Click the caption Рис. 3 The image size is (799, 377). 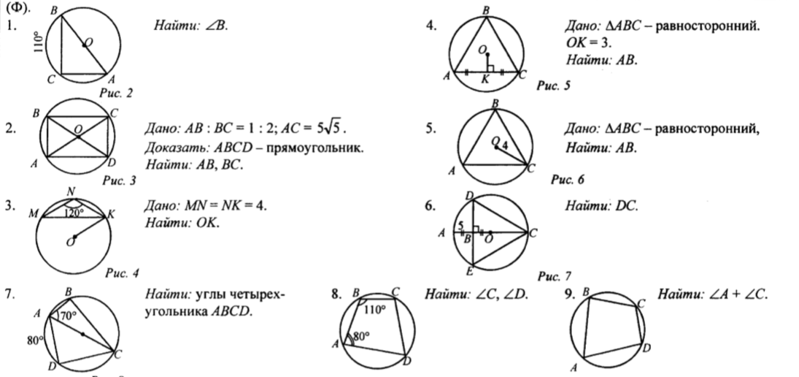[119, 178]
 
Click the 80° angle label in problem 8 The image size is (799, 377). [361, 337]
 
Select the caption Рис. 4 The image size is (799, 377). [122, 274]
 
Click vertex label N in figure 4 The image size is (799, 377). [71, 192]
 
